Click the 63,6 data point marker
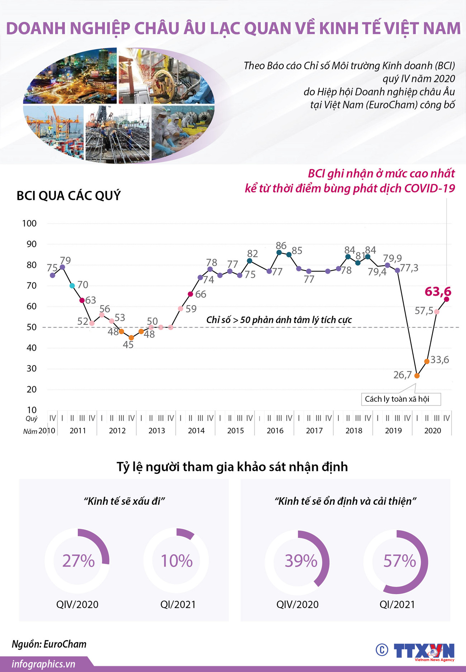coord(446,299)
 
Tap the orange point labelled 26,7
coord(417,375)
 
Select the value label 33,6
coord(439,360)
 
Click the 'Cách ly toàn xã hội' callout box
coord(400,399)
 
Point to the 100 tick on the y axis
coord(29,223)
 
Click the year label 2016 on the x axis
coord(275,430)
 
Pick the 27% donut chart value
coord(79,561)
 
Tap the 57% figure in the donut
coord(399,561)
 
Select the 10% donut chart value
coord(176,561)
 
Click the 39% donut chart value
coord(301,561)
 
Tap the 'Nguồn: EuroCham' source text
coord(49,644)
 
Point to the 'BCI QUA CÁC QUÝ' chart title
coord(69,196)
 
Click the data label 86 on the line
coord(281,246)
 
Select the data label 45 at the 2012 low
coord(128,345)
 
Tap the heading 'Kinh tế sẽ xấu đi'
coord(124,501)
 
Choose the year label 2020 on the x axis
coord(433,430)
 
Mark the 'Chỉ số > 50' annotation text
coord(279,319)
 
